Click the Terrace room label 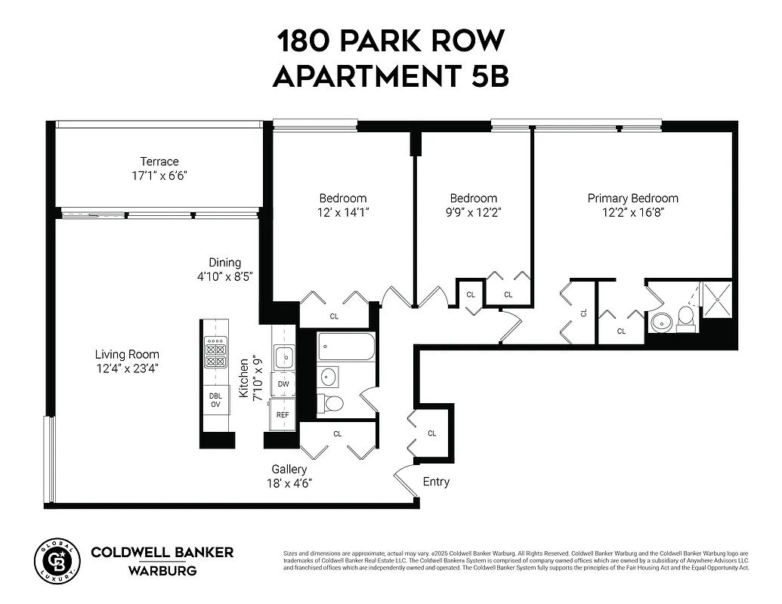(159, 162)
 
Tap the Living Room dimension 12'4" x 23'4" (127, 368)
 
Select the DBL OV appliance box (215, 399)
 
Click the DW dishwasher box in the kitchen (283, 384)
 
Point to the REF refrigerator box (283, 414)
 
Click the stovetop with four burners (215, 350)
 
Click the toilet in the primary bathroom (686, 318)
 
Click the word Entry (436, 482)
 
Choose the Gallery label (289, 470)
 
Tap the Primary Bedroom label (632, 199)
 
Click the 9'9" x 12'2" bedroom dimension (474, 212)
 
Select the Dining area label (225, 263)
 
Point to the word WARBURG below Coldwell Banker (162, 571)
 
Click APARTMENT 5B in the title (391, 76)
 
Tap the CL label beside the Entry (432, 433)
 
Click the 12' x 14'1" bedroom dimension (343, 212)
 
